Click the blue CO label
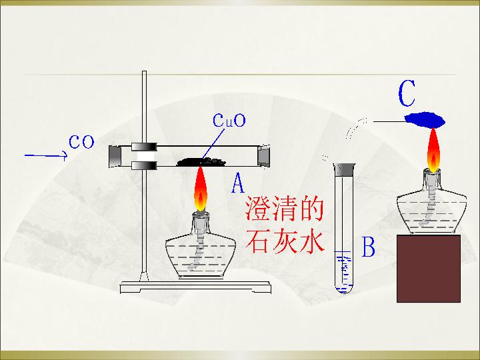81,142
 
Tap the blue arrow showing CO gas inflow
46,155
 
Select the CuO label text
229,120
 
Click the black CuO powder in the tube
201,161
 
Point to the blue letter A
238,183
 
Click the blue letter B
368,247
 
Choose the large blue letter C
407,93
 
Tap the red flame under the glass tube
201,189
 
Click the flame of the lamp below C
433,150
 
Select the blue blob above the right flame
425,120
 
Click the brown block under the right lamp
429,269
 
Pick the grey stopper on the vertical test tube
345,169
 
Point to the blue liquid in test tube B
344,273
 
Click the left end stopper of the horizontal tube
115,156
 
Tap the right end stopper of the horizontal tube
263,156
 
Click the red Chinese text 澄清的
285,209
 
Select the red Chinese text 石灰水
285,241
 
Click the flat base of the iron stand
195,287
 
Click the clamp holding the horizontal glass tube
144,156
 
